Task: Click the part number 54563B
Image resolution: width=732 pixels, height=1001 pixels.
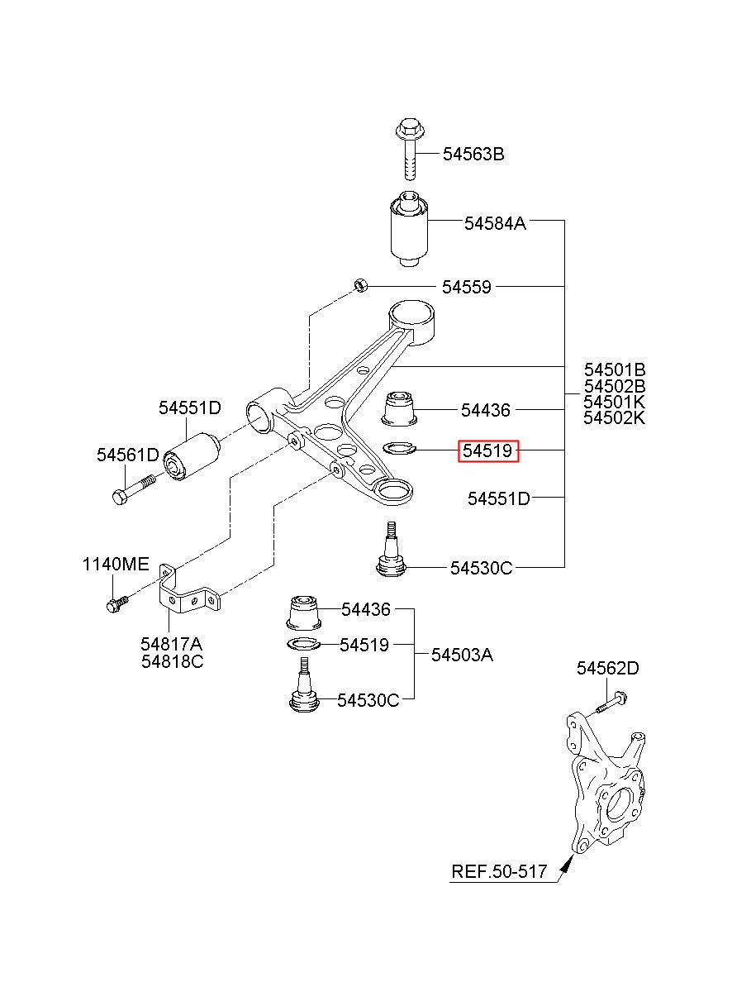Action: tap(473, 155)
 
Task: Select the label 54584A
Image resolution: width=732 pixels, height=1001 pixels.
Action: tap(495, 223)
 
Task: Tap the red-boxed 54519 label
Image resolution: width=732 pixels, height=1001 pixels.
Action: tap(487, 450)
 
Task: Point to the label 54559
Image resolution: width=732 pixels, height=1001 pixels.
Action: tap(466, 287)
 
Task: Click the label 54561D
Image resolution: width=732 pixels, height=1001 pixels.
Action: tap(128, 455)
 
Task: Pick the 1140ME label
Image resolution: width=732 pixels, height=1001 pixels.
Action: tap(115, 565)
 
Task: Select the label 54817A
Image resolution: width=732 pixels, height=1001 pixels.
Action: tap(171, 644)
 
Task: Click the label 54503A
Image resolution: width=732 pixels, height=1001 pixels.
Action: tap(462, 655)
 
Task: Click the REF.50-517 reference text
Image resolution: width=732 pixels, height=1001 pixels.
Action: tap(499, 871)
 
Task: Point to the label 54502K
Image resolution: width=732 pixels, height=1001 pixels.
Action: tap(614, 417)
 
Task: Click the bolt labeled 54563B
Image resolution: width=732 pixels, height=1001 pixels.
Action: tap(410, 148)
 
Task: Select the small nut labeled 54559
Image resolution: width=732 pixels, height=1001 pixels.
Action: tap(361, 284)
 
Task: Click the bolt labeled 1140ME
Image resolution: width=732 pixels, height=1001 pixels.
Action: tap(117, 603)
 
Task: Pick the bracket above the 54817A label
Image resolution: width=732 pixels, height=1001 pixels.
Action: tap(188, 590)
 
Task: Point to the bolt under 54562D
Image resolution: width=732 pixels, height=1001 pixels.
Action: tap(610, 703)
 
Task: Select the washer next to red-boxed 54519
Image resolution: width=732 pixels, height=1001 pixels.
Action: tap(399, 447)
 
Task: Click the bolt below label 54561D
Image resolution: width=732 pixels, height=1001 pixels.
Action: tap(134, 489)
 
